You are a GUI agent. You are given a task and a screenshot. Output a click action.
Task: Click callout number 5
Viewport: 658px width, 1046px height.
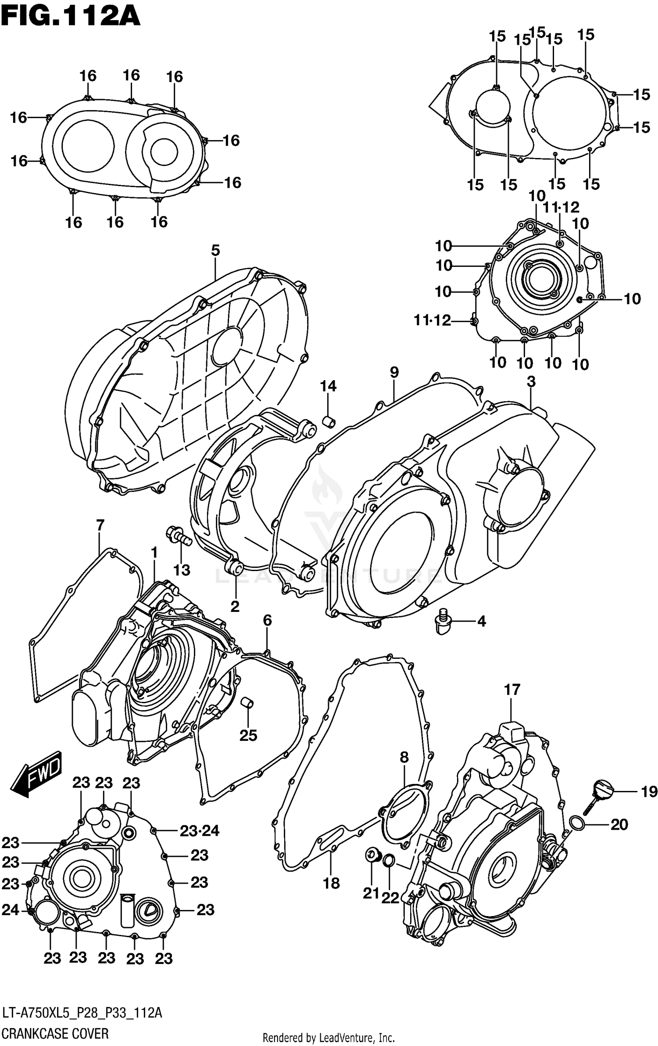click(x=215, y=251)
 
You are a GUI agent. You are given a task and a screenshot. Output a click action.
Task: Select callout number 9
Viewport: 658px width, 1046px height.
click(x=394, y=372)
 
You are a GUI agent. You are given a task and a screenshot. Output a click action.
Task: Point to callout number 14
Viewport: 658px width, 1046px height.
click(x=328, y=386)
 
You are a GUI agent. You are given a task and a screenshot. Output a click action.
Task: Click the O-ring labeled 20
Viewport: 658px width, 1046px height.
click(x=578, y=824)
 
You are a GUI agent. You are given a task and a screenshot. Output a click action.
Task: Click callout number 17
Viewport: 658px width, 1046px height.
click(x=511, y=690)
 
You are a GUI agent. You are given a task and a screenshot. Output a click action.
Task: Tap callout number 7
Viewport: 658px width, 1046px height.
click(x=100, y=525)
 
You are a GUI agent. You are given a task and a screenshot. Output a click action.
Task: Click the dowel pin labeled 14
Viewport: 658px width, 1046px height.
click(x=329, y=422)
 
